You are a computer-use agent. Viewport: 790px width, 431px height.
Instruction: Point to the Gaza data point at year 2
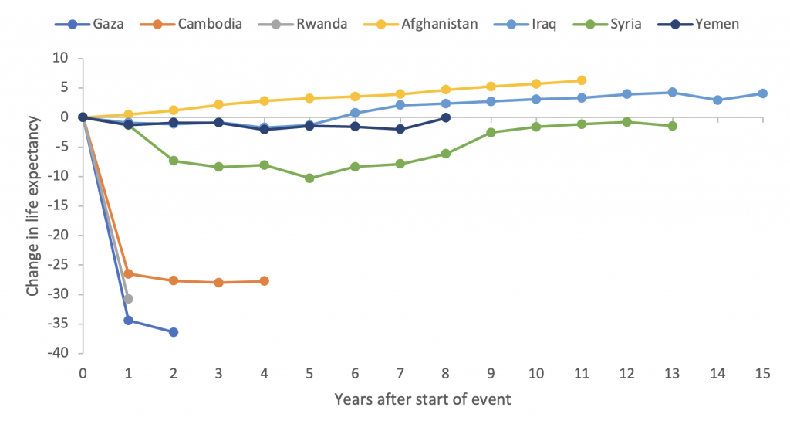(x=174, y=332)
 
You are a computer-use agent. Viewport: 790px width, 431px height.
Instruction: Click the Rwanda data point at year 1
(x=128, y=299)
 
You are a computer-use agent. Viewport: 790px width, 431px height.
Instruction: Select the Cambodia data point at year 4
(x=265, y=281)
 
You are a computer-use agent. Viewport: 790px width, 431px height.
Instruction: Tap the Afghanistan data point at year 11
(x=582, y=80)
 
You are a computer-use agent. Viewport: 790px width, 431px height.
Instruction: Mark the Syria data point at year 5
(x=309, y=178)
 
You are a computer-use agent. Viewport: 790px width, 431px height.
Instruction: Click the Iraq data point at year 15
(x=762, y=93)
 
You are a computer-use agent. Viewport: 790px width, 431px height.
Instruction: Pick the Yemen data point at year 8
(x=446, y=117)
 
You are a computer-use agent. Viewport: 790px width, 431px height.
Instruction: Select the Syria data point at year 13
(x=672, y=126)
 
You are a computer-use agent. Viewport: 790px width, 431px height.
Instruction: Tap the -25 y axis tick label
(x=57, y=265)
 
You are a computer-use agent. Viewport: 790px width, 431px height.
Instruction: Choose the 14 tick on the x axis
(x=717, y=373)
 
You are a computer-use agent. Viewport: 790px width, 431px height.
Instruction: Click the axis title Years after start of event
(x=422, y=400)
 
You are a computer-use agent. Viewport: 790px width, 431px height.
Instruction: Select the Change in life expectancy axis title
(x=32, y=205)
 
